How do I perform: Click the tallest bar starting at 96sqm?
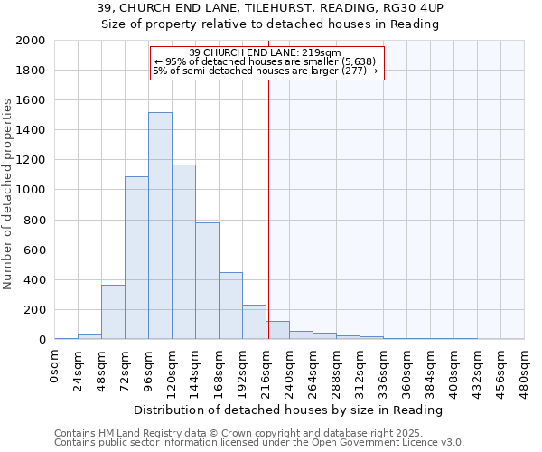[x=160, y=226]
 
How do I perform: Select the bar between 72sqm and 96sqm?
[x=136, y=258]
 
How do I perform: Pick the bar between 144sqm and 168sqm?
[x=207, y=281]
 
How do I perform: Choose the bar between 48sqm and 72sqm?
[x=113, y=312]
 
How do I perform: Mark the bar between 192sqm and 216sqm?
[x=254, y=322]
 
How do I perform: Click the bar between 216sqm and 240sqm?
[x=277, y=330]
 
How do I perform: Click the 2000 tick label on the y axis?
[x=30, y=41]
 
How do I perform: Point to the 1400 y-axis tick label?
[x=30, y=130]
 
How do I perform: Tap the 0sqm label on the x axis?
[x=55, y=365]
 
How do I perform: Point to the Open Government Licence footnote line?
[x=259, y=442]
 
